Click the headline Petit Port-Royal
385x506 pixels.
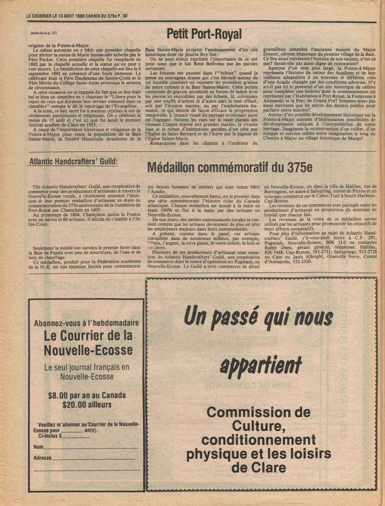(x=204, y=34)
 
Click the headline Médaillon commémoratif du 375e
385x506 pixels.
(x=229, y=168)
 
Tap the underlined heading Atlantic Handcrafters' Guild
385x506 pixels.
(x=73, y=162)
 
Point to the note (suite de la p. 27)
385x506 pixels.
(x=44, y=33)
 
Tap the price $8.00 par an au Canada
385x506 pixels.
(x=87, y=396)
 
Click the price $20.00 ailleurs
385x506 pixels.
(x=87, y=405)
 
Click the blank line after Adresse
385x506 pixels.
(x=93, y=458)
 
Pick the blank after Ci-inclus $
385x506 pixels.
(x=76, y=436)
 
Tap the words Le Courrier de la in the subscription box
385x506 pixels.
(x=88, y=336)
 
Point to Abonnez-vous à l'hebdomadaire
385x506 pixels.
(x=86, y=323)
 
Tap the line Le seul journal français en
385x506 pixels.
(x=87, y=367)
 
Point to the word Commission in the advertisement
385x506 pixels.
(x=258, y=412)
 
